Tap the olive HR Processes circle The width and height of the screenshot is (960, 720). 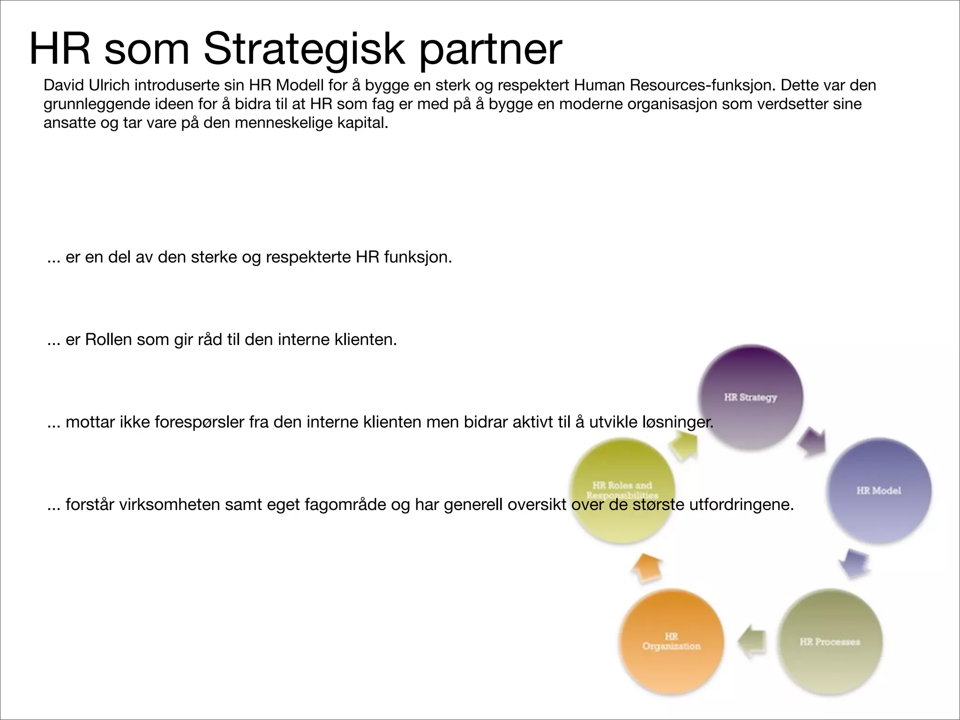point(830,642)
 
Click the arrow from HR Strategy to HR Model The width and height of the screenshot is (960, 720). point(812,442)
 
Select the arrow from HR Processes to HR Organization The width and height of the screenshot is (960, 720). point(753,642)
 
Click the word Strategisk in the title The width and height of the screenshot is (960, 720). point(304,49)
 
